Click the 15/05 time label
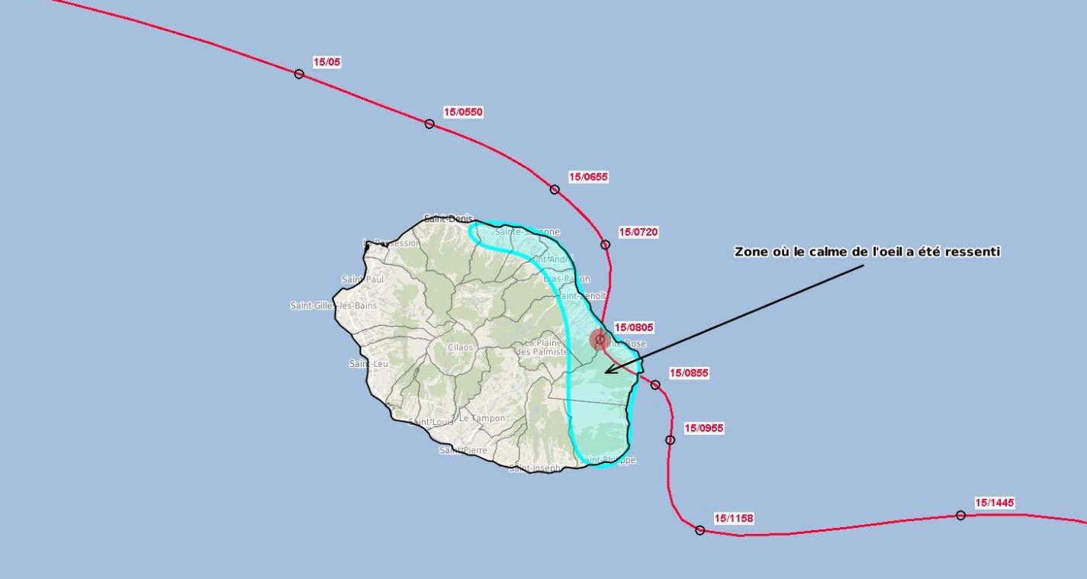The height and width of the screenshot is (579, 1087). [327, 62]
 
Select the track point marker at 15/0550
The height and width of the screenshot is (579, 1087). [429, 124]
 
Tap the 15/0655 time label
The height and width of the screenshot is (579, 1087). [588, 177]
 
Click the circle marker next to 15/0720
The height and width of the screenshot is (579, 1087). [605, 245]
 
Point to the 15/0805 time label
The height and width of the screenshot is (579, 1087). [634, 327]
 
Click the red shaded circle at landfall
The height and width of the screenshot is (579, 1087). [600, 339]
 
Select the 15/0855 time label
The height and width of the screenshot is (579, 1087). [689, 373]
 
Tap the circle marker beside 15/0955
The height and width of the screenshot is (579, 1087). [670, 439]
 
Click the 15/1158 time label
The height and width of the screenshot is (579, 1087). [733, 519]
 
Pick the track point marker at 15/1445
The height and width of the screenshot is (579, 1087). [960, 516]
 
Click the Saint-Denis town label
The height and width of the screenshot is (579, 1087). [449, 219]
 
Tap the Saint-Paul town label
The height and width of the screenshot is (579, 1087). [363, 279]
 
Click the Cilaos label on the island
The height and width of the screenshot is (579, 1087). [460, 347]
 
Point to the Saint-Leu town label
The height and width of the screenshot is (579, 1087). [368, 364]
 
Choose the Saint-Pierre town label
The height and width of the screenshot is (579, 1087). [463, 450]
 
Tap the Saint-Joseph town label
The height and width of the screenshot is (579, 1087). [534, 468]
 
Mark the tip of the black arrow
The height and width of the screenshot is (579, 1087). [605, 373]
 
